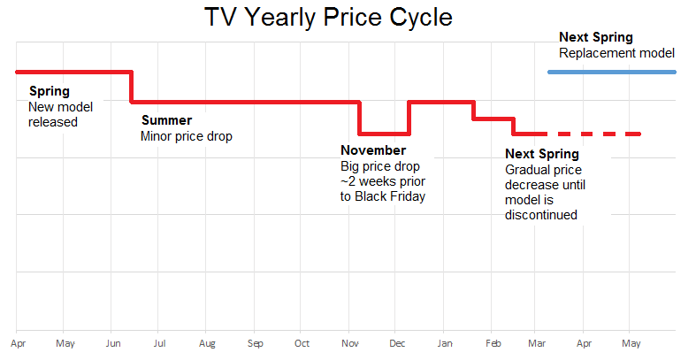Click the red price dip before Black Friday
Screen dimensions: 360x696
coord(383,134)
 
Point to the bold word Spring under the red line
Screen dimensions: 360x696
coord(49,91)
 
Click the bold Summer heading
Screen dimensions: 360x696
coord(166,121)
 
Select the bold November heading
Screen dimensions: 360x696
coord(373,151)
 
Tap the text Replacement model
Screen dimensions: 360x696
coord(616,53)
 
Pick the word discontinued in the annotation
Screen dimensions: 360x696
coord(541,214)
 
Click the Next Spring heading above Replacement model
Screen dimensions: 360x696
coord(596,37)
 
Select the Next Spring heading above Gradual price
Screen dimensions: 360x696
coord(541,154)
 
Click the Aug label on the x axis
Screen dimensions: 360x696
coord(207,343)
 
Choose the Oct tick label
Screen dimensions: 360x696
coord(302,343)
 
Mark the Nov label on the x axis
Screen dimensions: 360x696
coord(350,343)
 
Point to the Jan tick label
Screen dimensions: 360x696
coord(445,343)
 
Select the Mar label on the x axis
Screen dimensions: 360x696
coord(537,343)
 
